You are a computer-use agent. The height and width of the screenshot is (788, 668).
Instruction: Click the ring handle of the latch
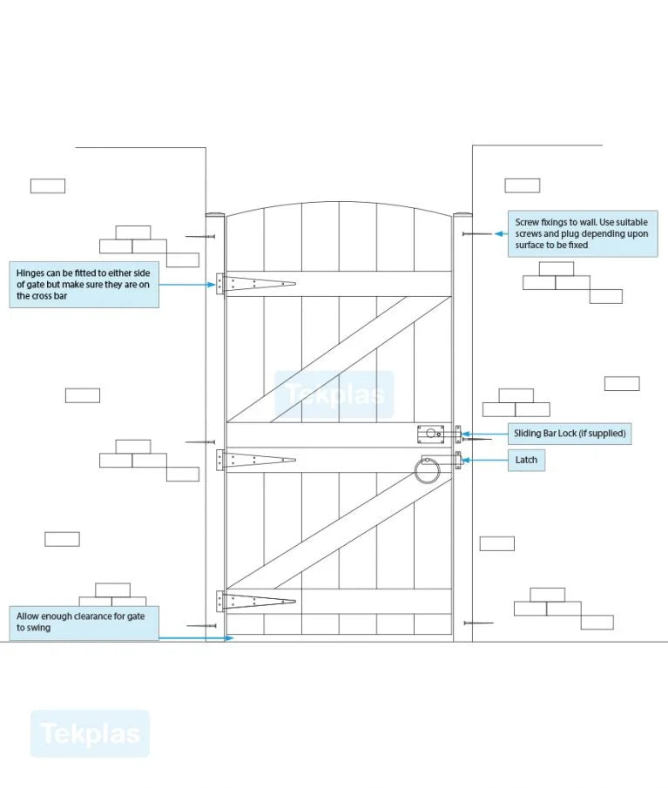[x=427, y=472]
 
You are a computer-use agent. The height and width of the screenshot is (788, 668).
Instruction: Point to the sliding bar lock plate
[x=429, y=433]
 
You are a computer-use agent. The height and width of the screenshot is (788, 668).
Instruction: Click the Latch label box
[x=527, y=460]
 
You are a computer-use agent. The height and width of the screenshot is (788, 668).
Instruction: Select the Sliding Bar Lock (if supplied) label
[x=570, y=433]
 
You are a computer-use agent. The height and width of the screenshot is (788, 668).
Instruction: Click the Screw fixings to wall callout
[x=583, y=233]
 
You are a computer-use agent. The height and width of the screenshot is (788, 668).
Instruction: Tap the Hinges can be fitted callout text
[x=84, y=284]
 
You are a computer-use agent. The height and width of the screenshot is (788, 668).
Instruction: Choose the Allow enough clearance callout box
[x=84, y=623]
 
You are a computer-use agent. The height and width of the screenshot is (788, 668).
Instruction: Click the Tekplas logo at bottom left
[x=90, y=733]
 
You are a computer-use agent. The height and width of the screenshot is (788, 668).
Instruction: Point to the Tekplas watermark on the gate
[x=334, y=394]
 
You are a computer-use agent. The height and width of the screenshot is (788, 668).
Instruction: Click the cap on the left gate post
[x=215, y=214]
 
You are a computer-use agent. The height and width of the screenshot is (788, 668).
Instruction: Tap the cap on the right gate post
[x=462, y=214]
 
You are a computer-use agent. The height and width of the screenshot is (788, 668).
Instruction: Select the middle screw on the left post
[x=200, y=442]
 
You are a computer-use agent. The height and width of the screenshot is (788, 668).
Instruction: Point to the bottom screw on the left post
[x=201, y=625]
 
